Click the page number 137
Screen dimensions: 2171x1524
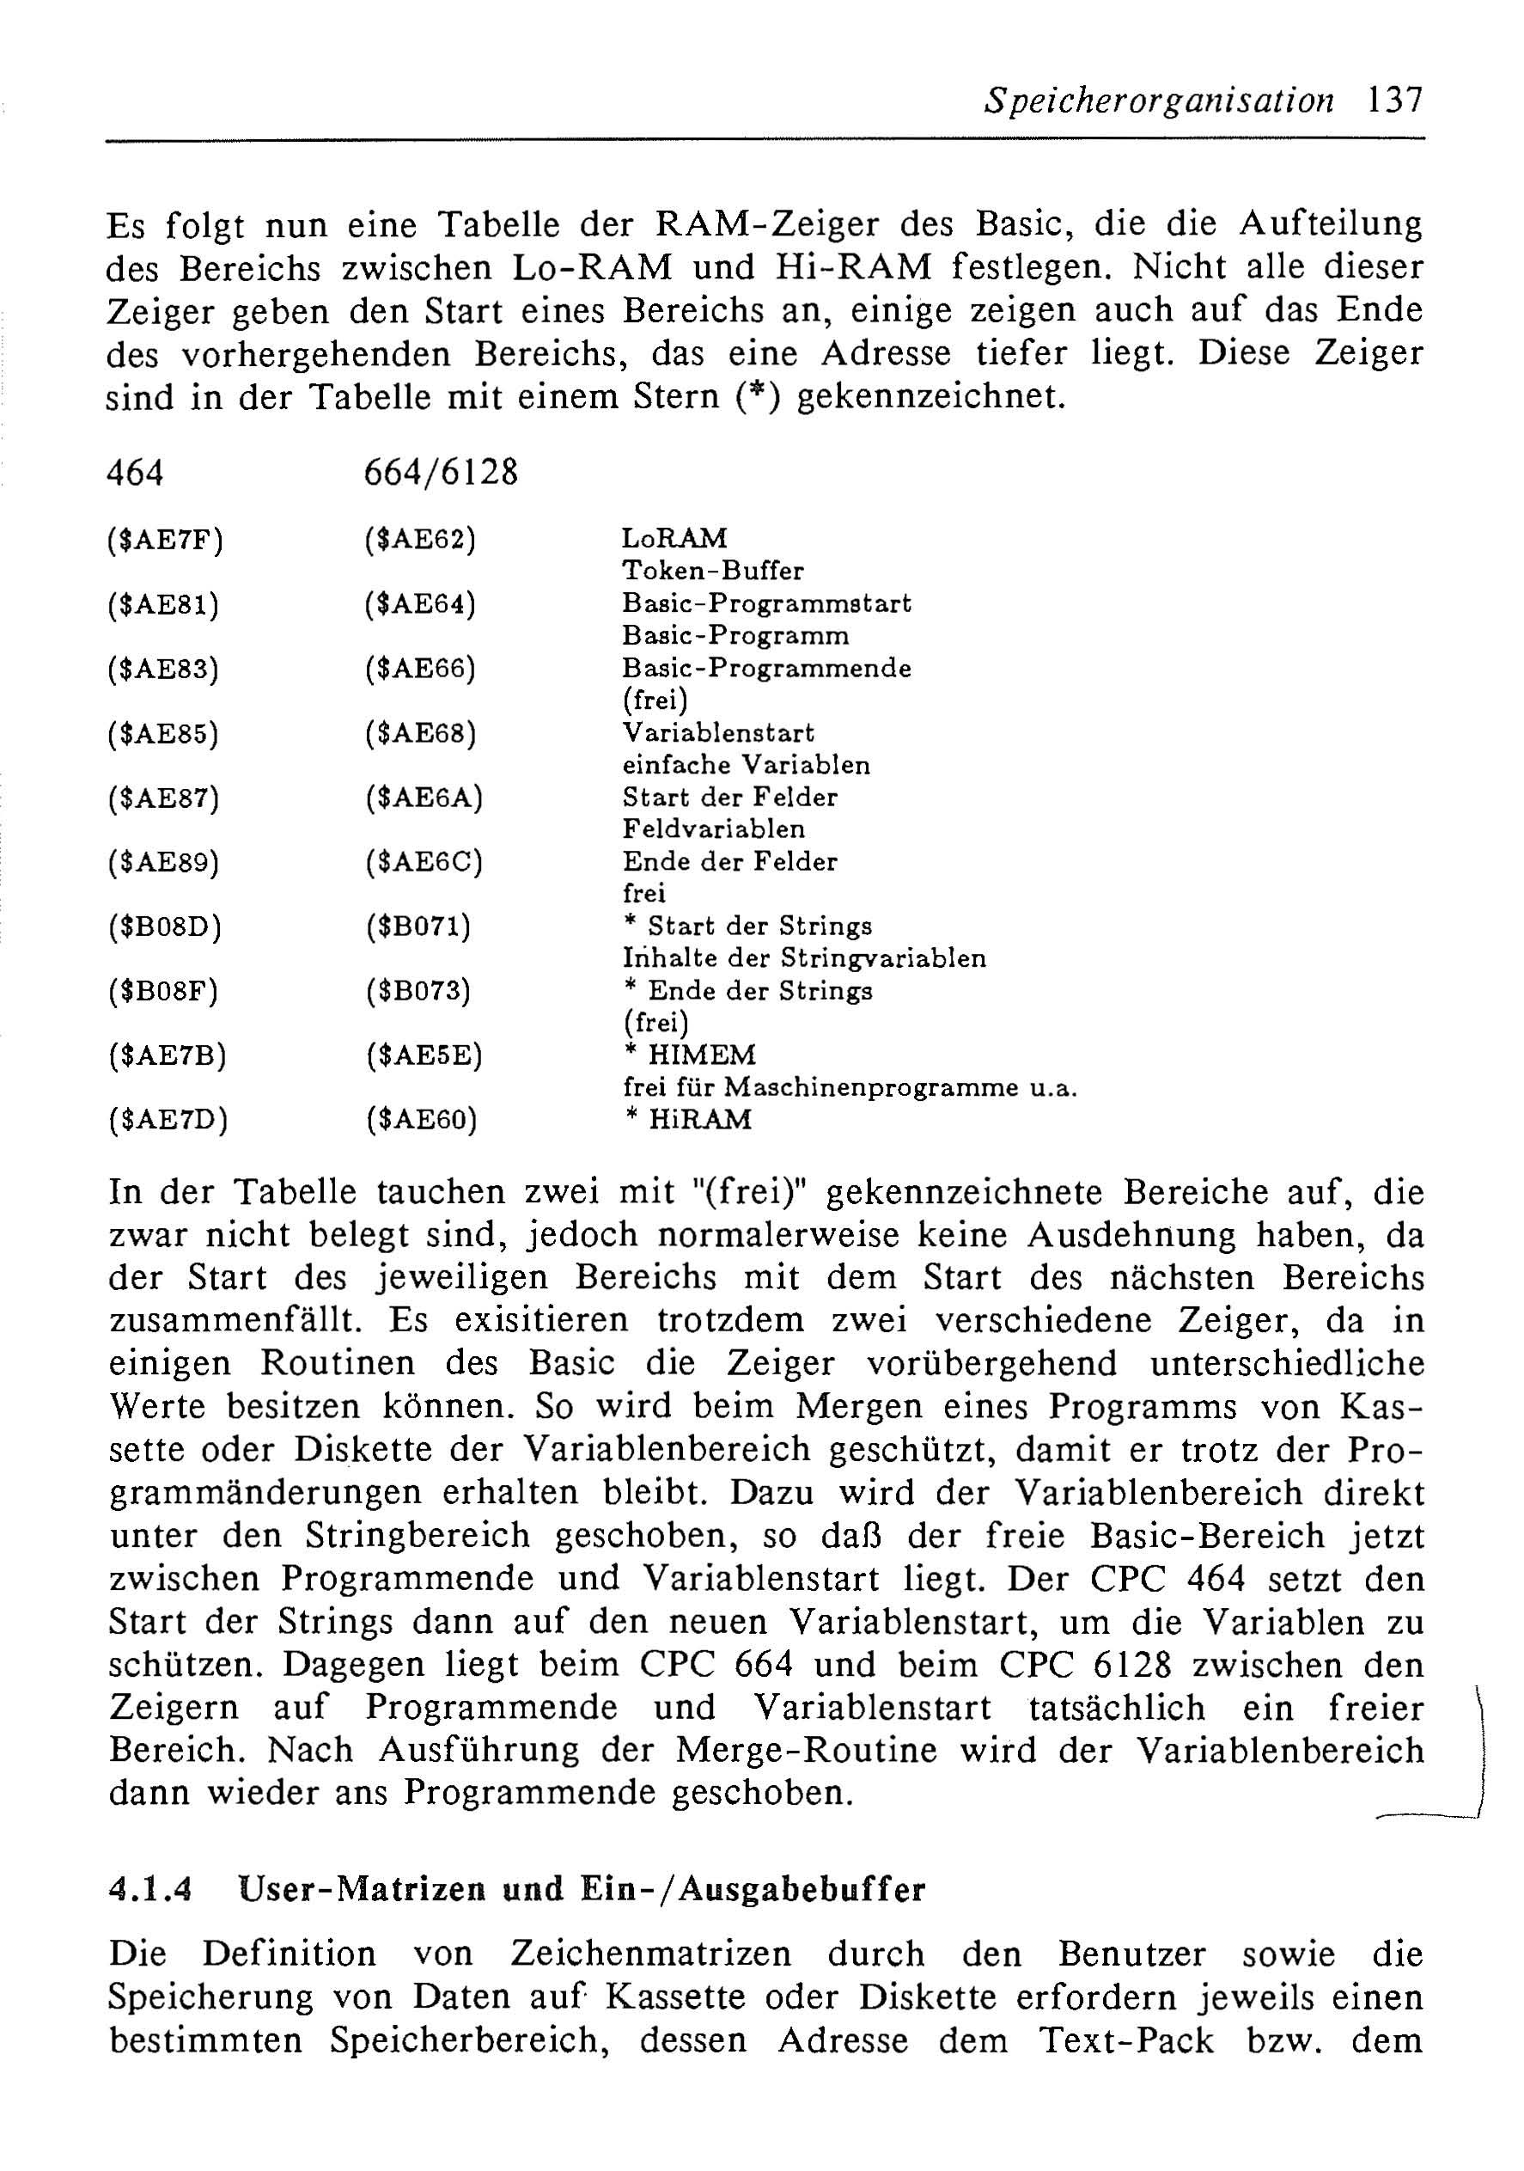tap(1393, 100)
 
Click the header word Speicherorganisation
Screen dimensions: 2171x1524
tap(1158, 101)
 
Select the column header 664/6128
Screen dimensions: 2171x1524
tap(441, 472)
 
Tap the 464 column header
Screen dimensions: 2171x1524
tap(135, 472)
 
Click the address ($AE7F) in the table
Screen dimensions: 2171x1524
tap(166, 540)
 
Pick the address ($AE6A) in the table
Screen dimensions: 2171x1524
tap(424, 798)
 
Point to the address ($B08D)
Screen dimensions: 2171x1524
tap(166, 927)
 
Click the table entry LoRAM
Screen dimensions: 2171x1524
tap(674, 538)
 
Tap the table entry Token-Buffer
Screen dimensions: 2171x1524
tap(713, 572)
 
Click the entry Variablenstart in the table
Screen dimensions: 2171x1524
tap(717, 733)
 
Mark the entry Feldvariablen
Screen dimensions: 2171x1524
tap(714, 829)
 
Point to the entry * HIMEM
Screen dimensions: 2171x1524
tap(690, 1055)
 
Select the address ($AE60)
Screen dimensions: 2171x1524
tap(422, 1121)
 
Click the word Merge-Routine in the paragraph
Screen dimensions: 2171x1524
tap(807, 1750)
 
